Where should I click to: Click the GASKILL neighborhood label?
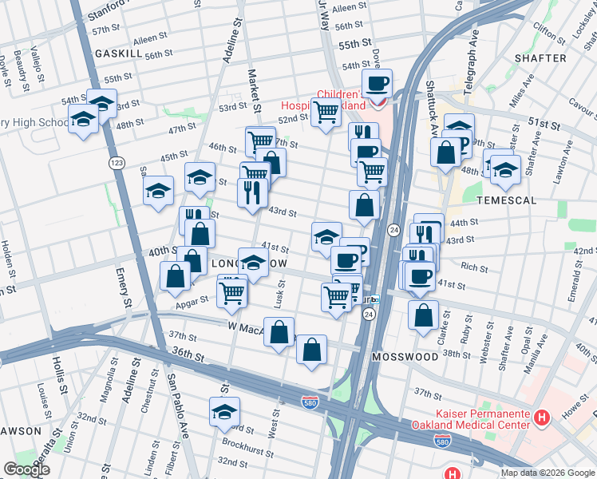(x=118, y=53)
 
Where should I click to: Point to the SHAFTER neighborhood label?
(x=540, y=57)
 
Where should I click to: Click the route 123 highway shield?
(x=117, y=162)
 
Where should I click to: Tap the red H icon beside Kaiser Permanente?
(x=542, y=417)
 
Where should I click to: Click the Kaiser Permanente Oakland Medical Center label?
(x=471, y=420)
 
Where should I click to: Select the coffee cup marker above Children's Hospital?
(x=378, y=82)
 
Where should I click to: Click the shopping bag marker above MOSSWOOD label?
(x=423, y=315)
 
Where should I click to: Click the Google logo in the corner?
(x=26, y=469)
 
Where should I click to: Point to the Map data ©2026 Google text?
(x=547, y=473)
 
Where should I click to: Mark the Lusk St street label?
(x=280, y=295)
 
